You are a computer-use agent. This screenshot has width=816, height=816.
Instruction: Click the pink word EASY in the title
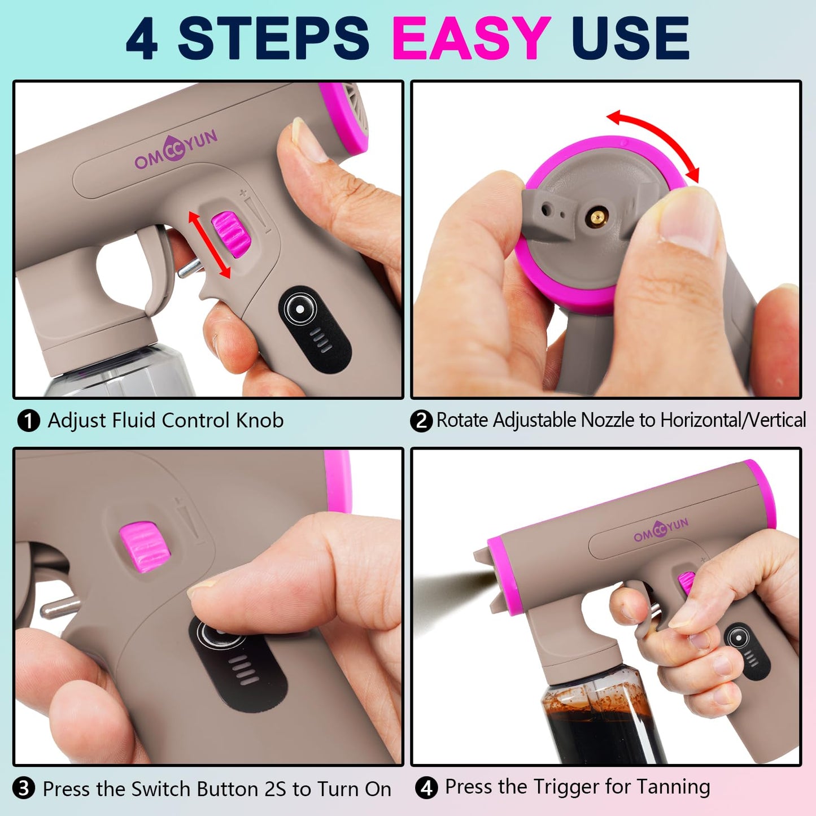(471, 38)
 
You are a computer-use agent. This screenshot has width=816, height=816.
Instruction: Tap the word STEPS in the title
(274, 38)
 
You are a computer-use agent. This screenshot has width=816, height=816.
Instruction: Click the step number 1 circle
(28, 421)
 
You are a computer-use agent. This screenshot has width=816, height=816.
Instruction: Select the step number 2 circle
(421, 421)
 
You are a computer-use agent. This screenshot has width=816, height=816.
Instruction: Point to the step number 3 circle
(24, 788)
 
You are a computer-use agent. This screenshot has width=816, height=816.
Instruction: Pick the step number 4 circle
(426, 788)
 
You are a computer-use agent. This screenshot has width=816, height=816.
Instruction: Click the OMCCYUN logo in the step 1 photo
(176, 150)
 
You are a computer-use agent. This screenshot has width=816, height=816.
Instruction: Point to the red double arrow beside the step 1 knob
(210, 245)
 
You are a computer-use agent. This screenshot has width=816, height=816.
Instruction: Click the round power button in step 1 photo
(300, 309)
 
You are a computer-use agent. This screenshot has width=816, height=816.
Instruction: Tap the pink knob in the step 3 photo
(145, 546)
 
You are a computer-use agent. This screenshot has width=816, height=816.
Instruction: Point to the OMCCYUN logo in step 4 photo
(661, 530)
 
